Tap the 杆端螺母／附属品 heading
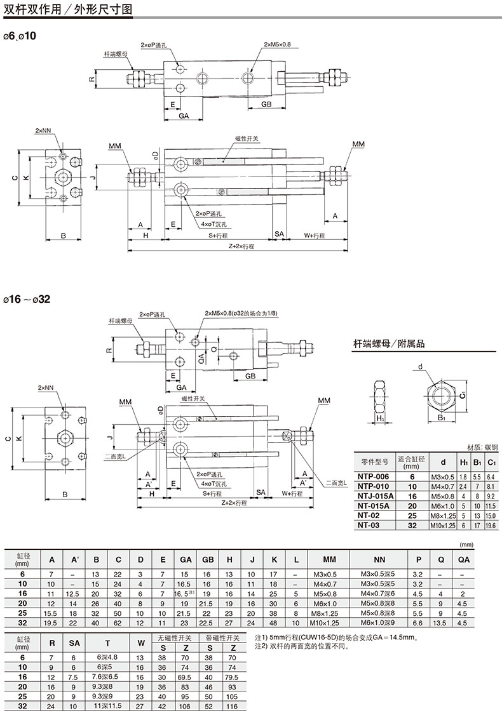coord(389,343)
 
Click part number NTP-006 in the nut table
coord(373,476)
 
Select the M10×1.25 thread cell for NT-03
coord(443,525)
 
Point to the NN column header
coord(380,559)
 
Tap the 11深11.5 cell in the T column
coord(107,705)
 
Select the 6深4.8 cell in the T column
coord(107,657)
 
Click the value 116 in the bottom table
coord(233,705)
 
